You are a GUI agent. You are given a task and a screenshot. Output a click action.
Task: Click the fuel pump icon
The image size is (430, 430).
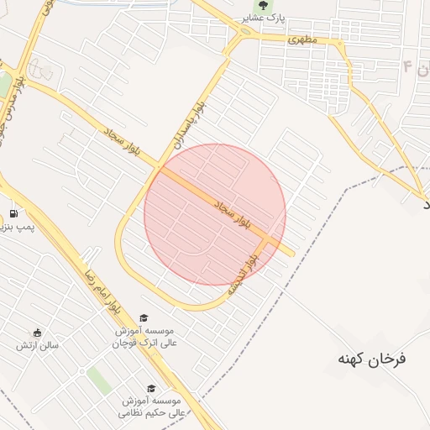(x=13, y=214)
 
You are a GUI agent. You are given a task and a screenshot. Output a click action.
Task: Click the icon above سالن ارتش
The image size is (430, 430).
(x=37, y=333)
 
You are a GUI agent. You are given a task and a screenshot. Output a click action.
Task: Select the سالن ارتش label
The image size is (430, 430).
(x=38, y=345)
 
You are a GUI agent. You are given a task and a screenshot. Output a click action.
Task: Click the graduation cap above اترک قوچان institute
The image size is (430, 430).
(x=144, y=318)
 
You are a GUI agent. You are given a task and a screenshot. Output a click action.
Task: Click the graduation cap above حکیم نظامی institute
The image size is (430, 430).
(x=151, y=388)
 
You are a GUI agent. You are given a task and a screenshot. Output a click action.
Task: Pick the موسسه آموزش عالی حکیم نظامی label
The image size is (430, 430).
(x=152, y=406)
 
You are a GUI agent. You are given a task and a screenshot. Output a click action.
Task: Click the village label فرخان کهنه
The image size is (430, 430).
(x=371, y=359)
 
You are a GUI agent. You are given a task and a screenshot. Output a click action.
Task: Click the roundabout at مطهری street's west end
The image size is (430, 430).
(x=244, y=33)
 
